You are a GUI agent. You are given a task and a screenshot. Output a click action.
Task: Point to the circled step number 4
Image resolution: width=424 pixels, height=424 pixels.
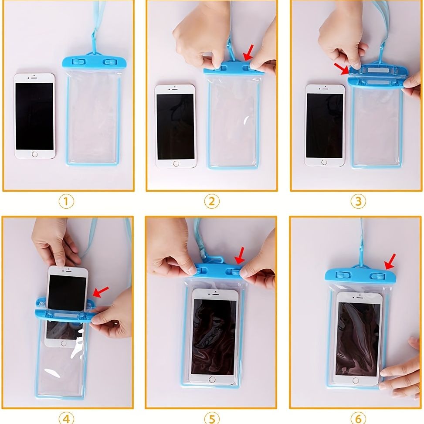coord(66,418)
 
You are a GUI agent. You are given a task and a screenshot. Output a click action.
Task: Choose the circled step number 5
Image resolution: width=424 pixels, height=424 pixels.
coord(212,418)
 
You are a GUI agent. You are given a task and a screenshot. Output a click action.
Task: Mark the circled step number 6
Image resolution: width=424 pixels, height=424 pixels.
coord(358,418)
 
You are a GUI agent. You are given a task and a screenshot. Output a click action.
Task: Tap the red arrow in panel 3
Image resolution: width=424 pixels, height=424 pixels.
coord(342,68)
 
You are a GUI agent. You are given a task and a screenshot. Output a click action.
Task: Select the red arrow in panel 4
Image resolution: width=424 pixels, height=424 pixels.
coord(102,291)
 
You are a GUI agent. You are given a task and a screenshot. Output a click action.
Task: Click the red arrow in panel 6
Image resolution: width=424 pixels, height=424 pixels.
coord(389,261)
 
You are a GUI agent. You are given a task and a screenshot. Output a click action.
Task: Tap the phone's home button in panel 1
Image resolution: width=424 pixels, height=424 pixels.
coord(35,154)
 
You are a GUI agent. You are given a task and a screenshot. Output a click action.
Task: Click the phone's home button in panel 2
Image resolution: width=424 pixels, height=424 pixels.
coord(176,163)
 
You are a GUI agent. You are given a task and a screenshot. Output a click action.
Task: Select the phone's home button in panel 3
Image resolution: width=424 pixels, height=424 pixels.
coord(324,162)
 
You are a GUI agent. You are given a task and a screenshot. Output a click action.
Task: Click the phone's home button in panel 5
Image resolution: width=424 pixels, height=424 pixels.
coord(212,379)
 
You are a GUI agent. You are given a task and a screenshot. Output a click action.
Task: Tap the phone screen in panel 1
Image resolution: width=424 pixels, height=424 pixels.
coord(34,115)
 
